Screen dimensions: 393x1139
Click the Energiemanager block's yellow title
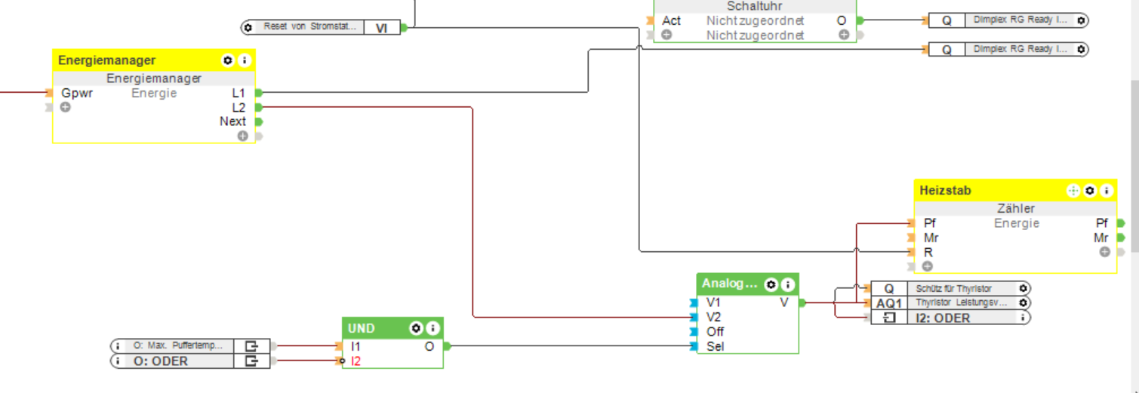tap(106, 60)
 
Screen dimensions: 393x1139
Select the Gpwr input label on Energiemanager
tap(77, 94)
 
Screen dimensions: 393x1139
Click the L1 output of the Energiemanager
tap(239, 93)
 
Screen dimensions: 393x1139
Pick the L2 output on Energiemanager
tap(239, 108)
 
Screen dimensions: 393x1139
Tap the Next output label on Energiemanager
tap(232, 121)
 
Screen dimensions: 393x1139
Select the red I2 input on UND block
tap(356, 361)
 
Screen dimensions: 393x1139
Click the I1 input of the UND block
tap(356, 346)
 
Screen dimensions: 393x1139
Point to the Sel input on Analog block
tap(715, 347)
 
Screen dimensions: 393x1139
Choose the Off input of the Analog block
tap(715, 332)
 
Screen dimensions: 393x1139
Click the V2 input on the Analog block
tap(713, 317)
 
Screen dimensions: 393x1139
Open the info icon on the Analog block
tap(787, 284)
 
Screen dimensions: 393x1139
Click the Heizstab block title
tap(945, 191)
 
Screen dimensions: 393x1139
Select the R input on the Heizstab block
tap(928, 252)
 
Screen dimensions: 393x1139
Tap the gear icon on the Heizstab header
tap(1089, 191)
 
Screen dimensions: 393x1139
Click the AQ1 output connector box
tap(889, 303)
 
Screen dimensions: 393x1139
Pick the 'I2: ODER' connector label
tap(944, 318)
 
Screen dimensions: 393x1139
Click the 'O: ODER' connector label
tap(161, 361)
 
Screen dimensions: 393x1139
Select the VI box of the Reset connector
tap(381, 27)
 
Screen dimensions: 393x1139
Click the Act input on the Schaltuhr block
tap(671, 20)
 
